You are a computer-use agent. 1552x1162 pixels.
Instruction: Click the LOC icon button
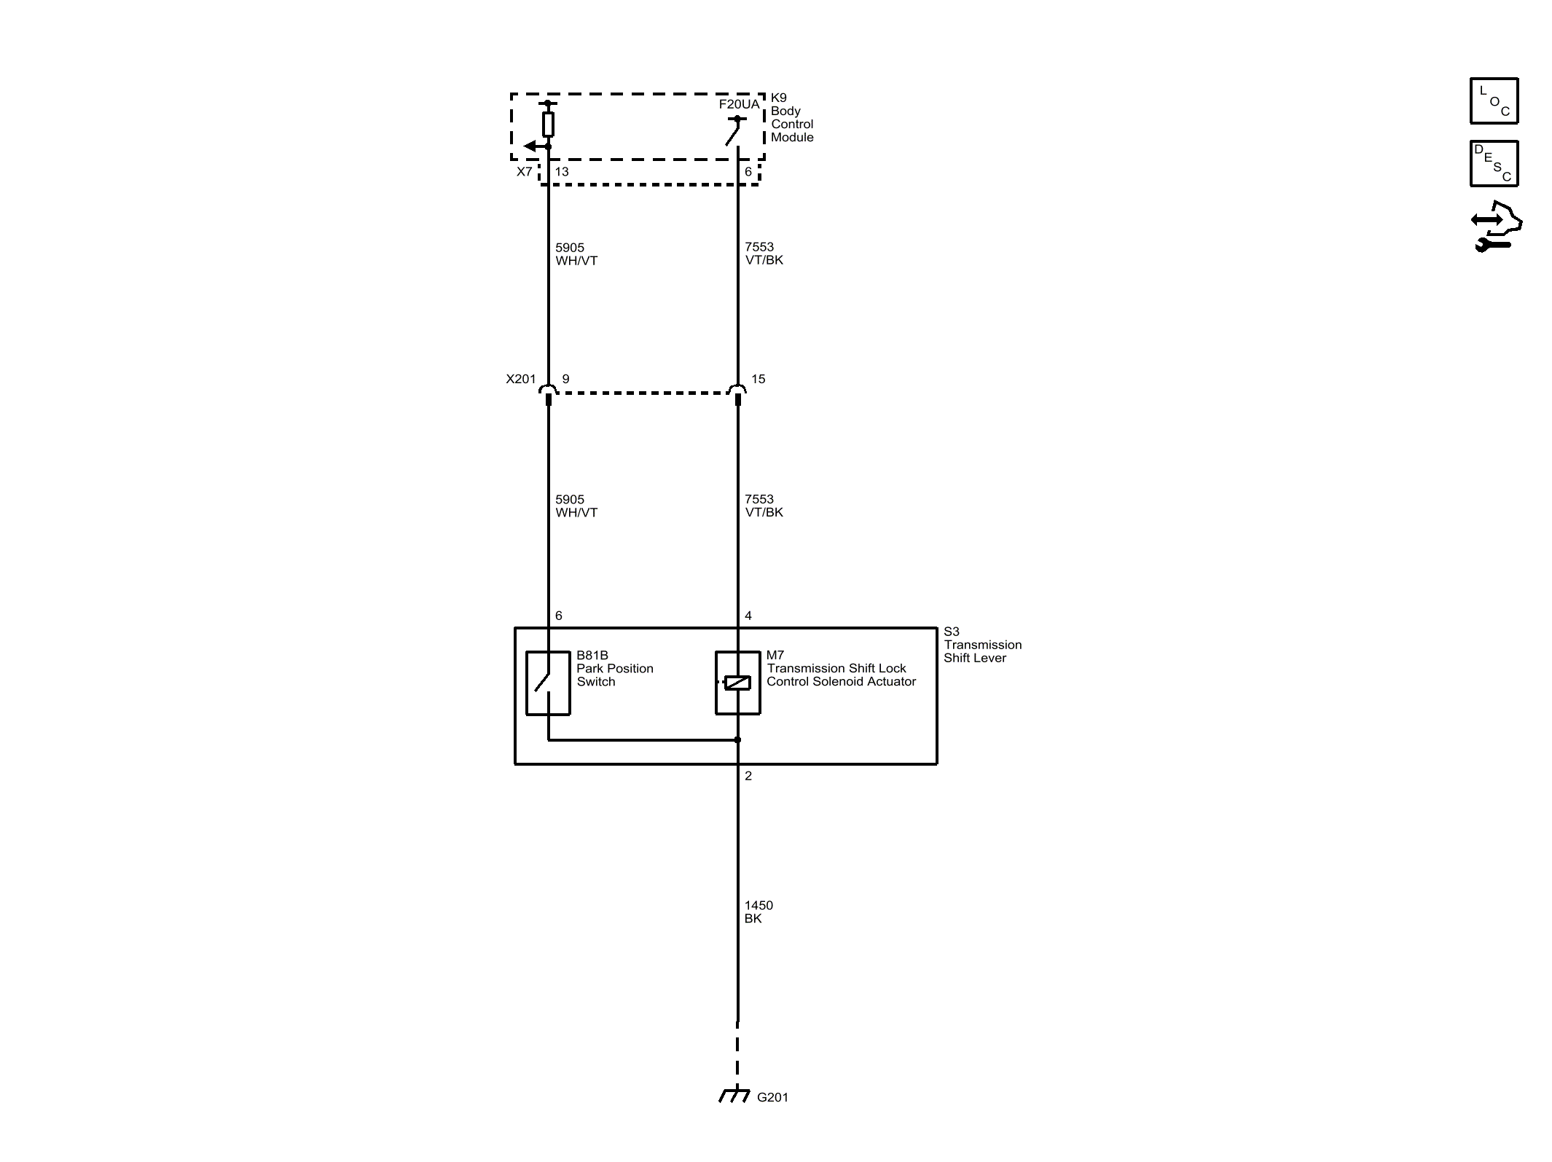(x=1494, y=101)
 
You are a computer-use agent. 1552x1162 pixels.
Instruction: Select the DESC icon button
(x=1494, y=163)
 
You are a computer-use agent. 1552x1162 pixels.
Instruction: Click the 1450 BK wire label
(x=759, y=912)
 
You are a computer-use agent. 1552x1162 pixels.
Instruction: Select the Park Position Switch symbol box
(x=548, y=683)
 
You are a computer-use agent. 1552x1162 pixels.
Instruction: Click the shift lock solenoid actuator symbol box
(x=738, y=683)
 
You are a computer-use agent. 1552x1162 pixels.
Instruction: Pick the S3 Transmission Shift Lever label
(x=983, y=645)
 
